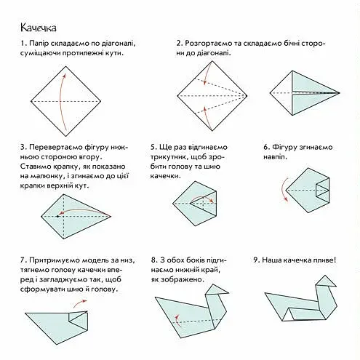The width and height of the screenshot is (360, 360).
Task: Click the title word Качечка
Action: coord(39,28)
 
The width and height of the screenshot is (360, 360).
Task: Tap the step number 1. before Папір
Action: coord(23,44)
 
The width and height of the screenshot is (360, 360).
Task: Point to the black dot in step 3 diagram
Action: coord(57,216)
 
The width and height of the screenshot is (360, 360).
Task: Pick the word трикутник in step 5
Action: coord(169,157)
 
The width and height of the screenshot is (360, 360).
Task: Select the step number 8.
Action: coord(154,260)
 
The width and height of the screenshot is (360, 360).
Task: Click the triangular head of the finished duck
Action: coord(327,282)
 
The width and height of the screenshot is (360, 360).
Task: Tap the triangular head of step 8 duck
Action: coord(216,289)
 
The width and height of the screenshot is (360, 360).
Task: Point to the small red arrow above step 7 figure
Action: coord(79,303)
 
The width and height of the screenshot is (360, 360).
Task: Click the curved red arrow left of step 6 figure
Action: coord(284,189)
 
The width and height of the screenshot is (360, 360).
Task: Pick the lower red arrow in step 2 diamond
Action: coord(207,119)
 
